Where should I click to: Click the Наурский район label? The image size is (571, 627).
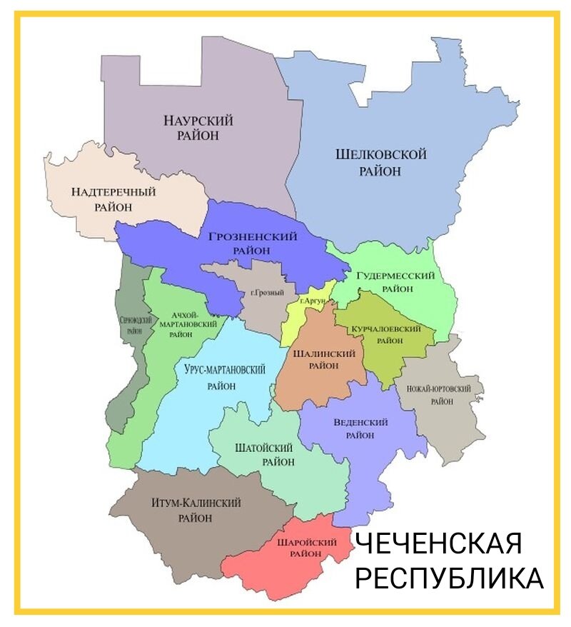tap(198, 127)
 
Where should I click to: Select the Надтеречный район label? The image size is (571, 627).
tap(113, 199)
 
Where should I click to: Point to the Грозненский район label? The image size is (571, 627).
tap(253, 243)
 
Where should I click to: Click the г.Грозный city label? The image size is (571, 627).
tap(268, 293)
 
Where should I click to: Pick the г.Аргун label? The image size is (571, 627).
tap(313, 301)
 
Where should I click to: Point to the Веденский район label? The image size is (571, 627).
tap(360, 428)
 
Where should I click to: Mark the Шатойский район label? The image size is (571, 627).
tap(264, 454)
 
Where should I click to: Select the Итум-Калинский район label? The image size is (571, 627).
tap(196, 510)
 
